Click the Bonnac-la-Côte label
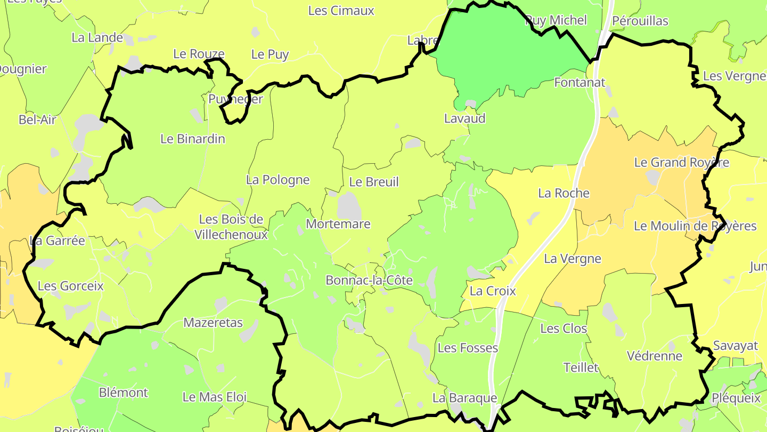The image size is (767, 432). point(369,281)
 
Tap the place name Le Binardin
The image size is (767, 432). point(193,139)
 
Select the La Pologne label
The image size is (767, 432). point(278,180)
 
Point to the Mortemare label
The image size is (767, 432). point(338,224)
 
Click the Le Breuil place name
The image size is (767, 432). point(374,182)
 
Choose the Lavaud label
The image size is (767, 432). point(465,118)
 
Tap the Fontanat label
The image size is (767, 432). point(580,83)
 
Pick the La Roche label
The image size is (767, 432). point(564,194)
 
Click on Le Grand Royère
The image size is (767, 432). point(681,163)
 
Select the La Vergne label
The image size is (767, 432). point(573,259)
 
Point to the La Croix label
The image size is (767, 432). point(493,291)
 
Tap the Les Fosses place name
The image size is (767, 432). point(468,348)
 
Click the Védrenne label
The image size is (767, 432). point(655,356)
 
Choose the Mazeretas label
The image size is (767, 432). point(213,323)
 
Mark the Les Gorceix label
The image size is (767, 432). point(71,286)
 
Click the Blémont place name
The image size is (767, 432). point(124,393)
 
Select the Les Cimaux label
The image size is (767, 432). point(341,11)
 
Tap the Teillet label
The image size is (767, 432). point(581,367)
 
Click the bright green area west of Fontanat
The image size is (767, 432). point(501,53)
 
